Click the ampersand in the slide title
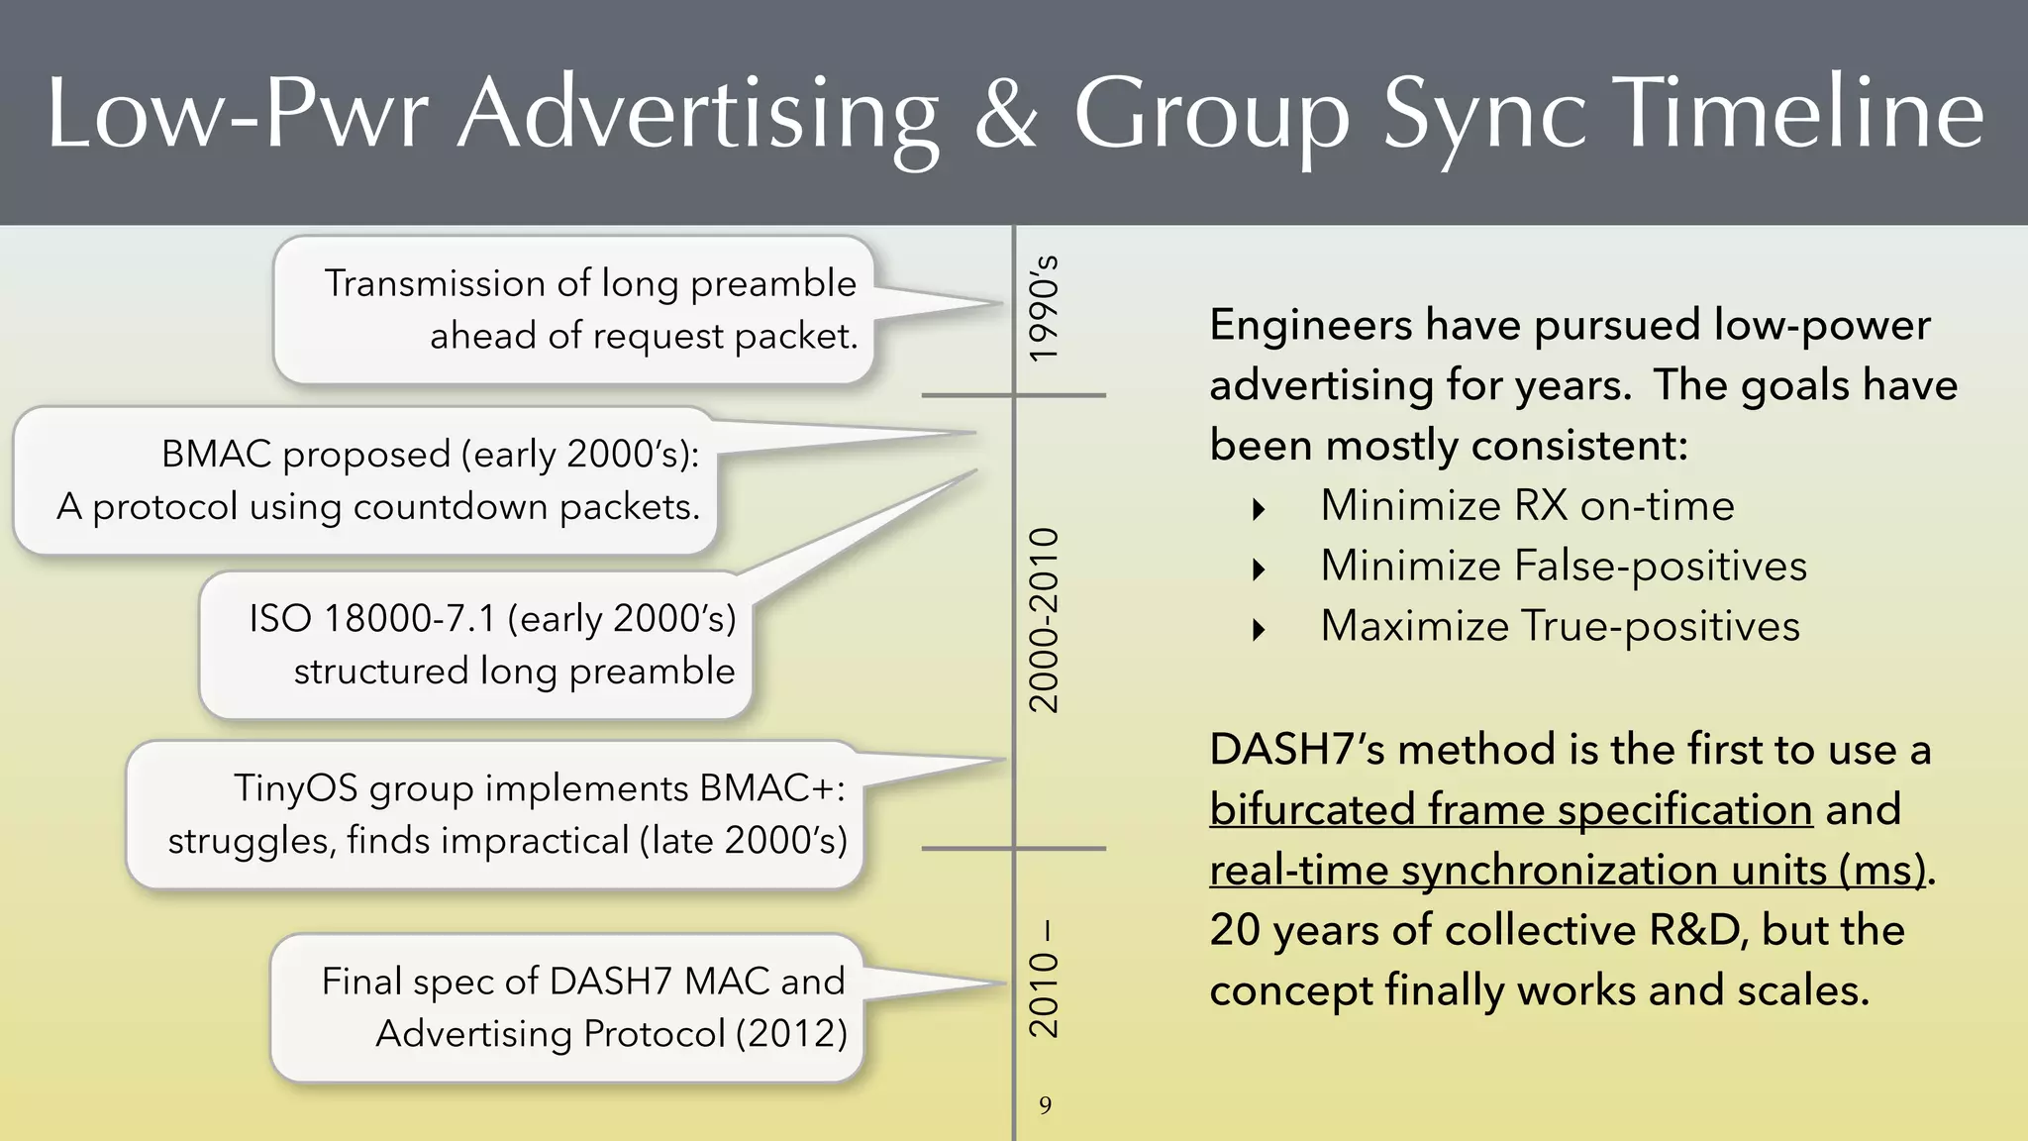pos(1006,115)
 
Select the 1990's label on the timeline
pos(1044,309)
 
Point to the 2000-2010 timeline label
pos(1044,620)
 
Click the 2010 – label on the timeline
pos(1044,981)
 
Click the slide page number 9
pos(1045,1105)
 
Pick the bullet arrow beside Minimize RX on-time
pos(1259,509)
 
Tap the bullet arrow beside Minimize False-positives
pos(1259,570)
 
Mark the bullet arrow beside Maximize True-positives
pos(1259,630)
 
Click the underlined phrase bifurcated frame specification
pos(1511,810)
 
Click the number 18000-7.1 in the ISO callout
pos(410,619)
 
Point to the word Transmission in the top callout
pos(434,284)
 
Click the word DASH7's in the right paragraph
pos(1297,750)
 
